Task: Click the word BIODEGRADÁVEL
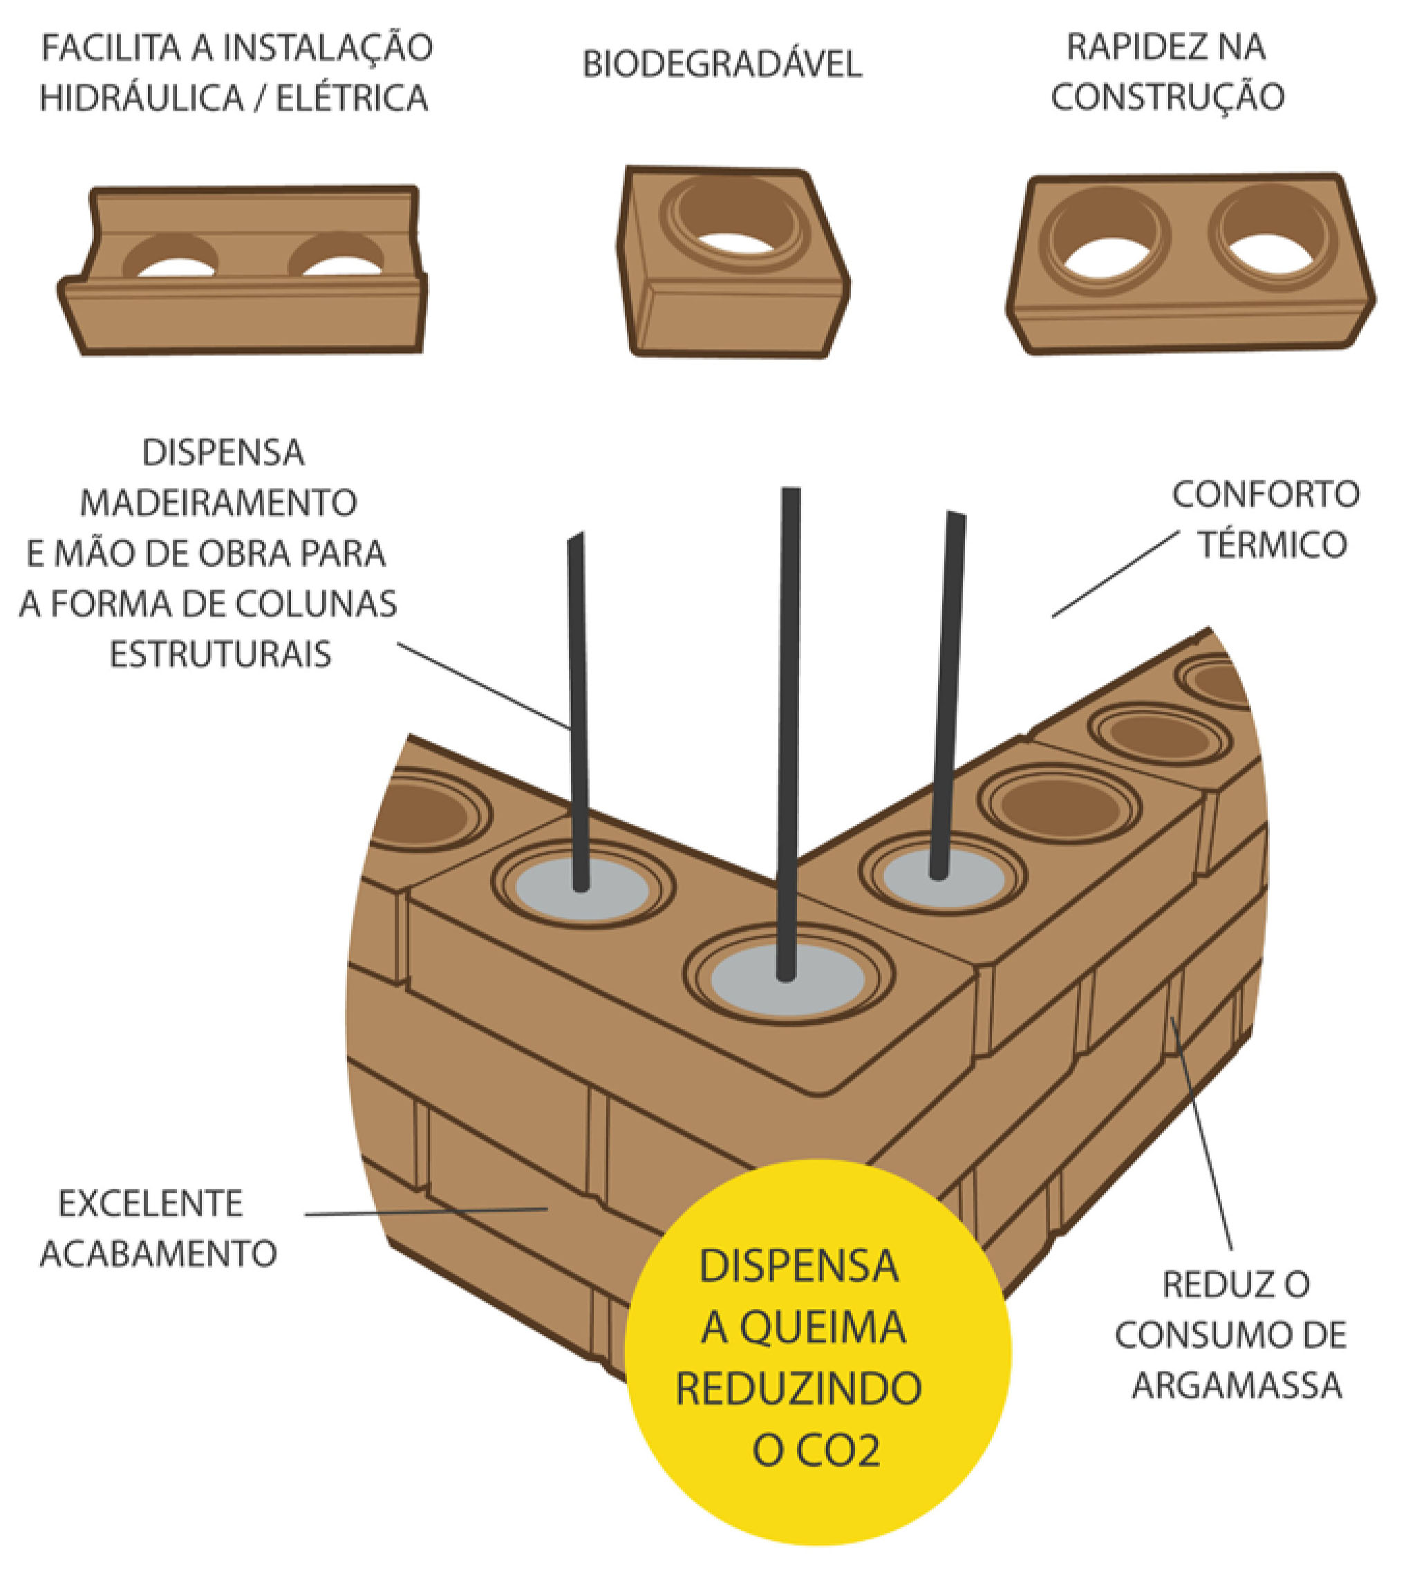pyautogui.click(x=722, y=65)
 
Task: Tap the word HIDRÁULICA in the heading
pyautogui.click(x=141, y=99)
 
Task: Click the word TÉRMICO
pyautogui.click(x=1273, y=545)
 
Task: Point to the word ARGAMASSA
pyautogui.click(x=1237, y=1386)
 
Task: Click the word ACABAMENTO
pyautogui.click(x=158, y=1254)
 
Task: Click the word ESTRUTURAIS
pyautogui.click(x=220, y=654)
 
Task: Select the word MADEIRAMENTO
pyautogui.click(x=218, y=502)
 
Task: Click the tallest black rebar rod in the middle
pyautogui.click(x=789, y=702)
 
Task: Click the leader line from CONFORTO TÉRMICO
pyautogui.click(x=1114, y=575)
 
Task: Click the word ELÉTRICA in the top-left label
pyautogui.click(x=351, y=99)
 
